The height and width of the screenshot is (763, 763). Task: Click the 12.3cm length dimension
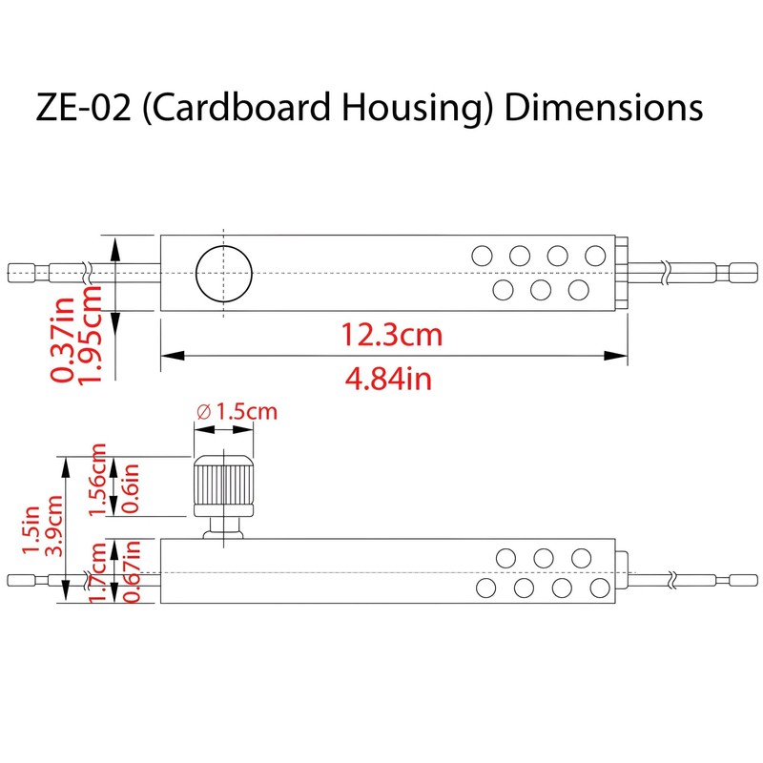392,336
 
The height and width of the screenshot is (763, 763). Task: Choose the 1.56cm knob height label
97,480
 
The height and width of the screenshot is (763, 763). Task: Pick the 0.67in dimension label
132,570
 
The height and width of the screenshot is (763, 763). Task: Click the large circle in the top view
223,273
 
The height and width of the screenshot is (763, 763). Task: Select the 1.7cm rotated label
97,570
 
